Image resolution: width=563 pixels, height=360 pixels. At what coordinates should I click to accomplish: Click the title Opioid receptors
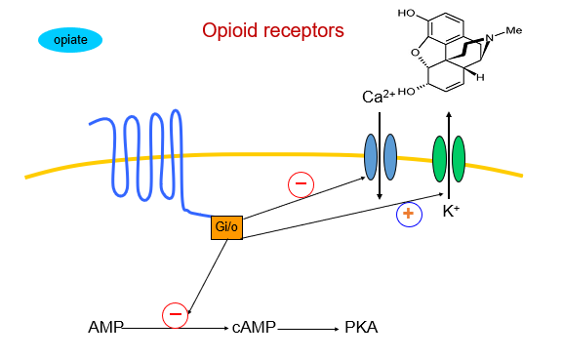272,30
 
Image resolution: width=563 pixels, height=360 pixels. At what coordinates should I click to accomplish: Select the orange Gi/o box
225,227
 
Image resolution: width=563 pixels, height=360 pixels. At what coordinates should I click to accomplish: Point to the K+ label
452,209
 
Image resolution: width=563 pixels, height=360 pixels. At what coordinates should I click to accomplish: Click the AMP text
105,328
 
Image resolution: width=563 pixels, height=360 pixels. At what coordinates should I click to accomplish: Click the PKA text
361,328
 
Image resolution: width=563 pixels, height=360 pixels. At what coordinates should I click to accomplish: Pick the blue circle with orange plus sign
408,214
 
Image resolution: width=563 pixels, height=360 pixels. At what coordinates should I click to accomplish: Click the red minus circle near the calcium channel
300,182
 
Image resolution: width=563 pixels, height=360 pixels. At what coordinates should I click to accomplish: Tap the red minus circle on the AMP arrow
175,314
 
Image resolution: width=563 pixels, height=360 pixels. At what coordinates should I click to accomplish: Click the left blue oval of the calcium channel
371,156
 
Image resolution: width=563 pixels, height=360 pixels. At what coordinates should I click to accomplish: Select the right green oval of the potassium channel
459,159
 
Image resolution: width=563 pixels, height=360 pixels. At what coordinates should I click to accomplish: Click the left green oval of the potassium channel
439,159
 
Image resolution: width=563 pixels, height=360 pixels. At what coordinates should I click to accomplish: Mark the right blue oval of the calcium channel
390,156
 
